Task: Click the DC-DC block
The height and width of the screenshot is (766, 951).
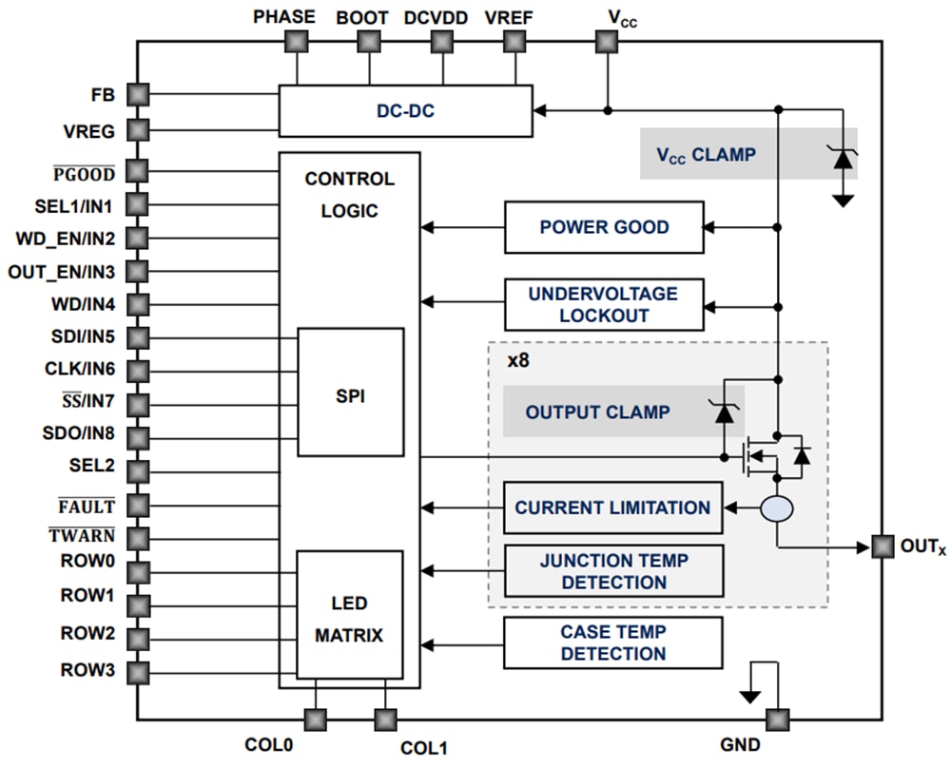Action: (x=405, y=111)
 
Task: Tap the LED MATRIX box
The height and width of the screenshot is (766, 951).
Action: (x=349, y=619)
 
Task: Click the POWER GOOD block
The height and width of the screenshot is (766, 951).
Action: (x=604, y=227)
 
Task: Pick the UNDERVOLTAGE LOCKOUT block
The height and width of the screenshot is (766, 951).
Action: (x=604, y=304)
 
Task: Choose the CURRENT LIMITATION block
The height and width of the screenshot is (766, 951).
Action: (x=612, y=507)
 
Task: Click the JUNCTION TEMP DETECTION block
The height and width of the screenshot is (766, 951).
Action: (x=612, y=571)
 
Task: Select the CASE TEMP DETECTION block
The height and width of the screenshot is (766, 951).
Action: (x=612, y=642)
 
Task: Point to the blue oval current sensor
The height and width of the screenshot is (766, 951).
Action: (x=777, y=509)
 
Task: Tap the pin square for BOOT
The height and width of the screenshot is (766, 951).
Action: (x=369, y=42)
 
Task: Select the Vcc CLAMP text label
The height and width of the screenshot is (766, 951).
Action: (x=706, y=154)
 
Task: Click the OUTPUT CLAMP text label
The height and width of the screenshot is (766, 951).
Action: (x=597, y=412)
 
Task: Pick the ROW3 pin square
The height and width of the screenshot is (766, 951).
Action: (x=138, y=672)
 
